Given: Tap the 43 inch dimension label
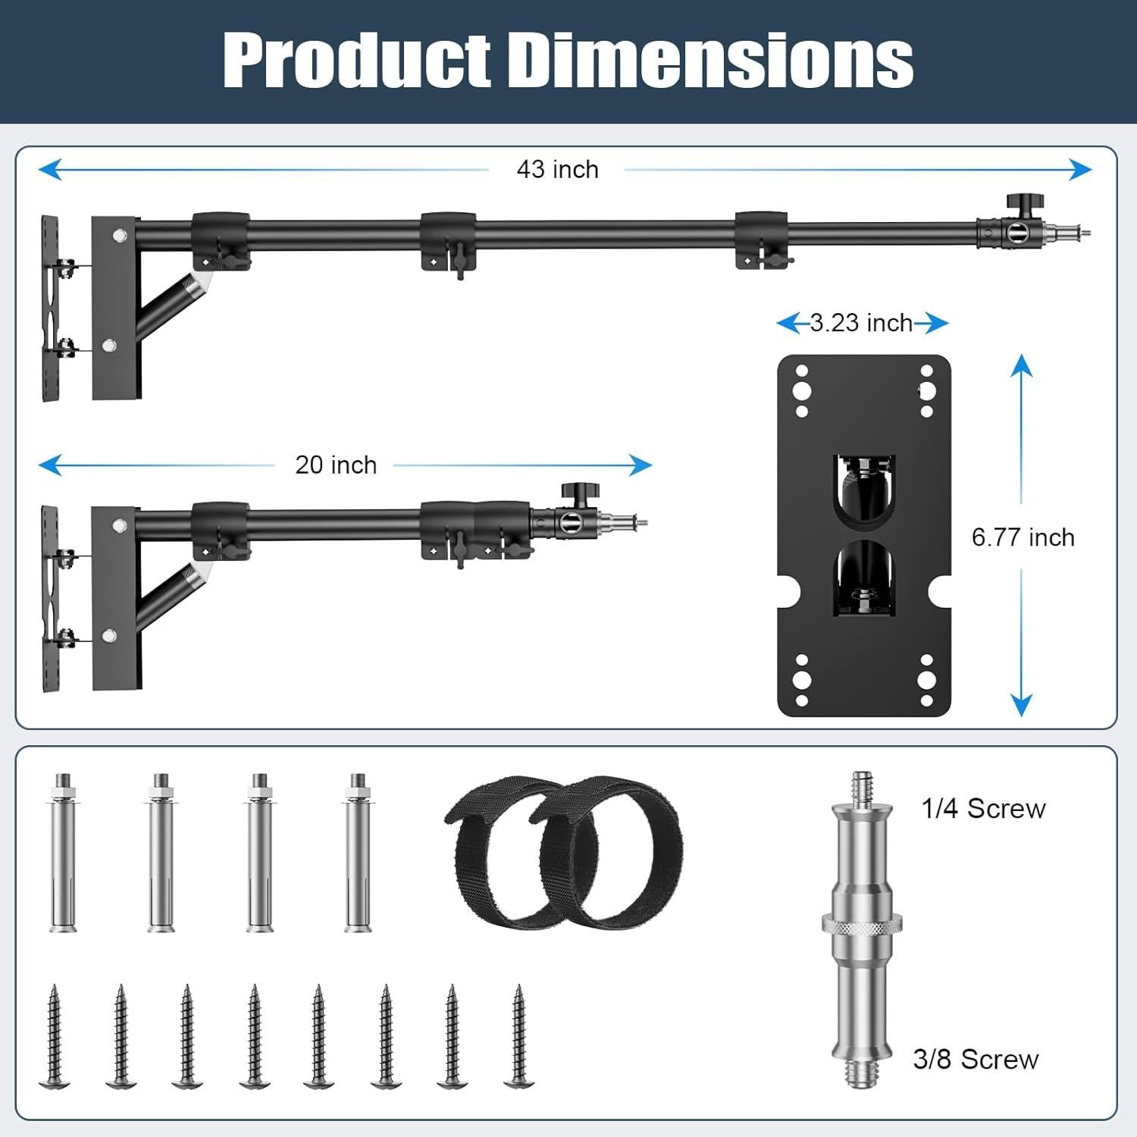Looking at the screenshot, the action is [x=558, y=169].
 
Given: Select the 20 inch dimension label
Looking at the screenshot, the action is [x=336, y=465].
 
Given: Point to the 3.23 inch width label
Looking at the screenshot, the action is [x=861, y=323].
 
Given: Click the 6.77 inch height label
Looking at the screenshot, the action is [x=1023, y=537].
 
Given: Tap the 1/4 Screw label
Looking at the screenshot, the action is [x=984, y=809].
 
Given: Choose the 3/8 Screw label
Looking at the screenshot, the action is [x=976, y=1059].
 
